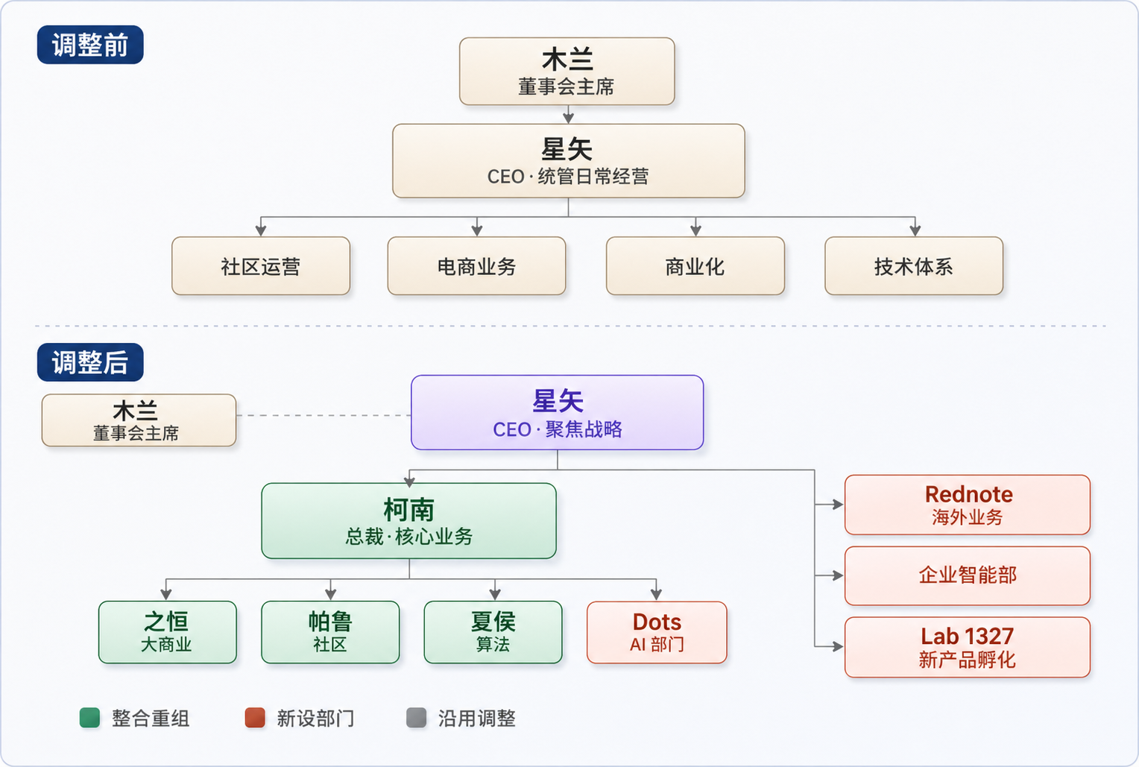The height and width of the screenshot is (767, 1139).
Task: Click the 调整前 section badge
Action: (90, 45)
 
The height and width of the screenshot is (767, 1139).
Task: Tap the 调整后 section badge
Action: (90, 363)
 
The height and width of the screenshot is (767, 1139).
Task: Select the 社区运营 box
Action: (261, 266)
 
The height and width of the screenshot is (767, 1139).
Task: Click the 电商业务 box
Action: (476, 266)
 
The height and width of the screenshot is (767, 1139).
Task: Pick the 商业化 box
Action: (695, 266)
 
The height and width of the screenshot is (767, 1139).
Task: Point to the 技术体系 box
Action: (913, 266)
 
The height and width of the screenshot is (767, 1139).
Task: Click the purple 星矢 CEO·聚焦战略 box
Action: (557, 413)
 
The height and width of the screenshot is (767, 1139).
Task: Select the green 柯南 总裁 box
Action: (408, 521)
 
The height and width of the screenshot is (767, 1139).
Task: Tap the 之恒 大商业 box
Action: (167, 632)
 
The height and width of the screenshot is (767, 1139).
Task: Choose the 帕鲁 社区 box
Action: (330, 632)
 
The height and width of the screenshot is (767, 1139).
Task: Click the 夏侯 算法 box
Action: (493, 632)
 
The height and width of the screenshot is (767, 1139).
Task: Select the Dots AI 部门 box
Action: (657, 632)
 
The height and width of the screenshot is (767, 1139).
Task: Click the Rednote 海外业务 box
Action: (967, 505)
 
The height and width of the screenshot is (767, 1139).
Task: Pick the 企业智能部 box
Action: (967, 575)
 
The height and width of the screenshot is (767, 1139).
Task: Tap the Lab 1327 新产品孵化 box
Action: (967, 647)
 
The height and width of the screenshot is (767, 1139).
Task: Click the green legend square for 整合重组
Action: (89, 718)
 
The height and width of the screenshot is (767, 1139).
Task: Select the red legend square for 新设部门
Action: (255, 718)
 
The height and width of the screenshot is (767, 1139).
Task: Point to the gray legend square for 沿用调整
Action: (416, 718)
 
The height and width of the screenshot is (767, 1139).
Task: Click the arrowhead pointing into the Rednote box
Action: (838, 505)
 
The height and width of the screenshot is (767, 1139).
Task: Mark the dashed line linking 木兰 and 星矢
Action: (324, 415)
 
